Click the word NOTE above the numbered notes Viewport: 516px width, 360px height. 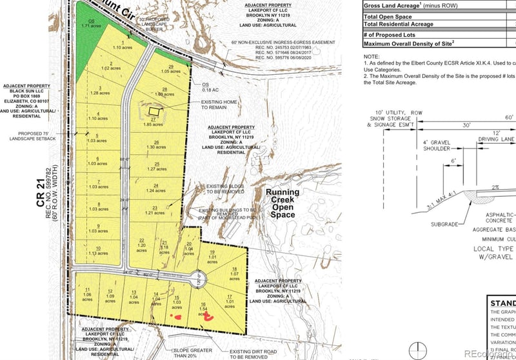pos(373,55)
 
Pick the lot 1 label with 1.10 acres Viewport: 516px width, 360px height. pos(118,45)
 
